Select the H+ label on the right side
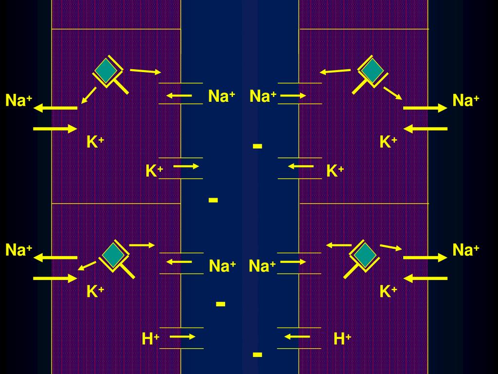(x=342, y=339)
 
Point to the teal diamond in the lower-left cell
(x=113, y=255)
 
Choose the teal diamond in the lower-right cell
(x=365, y=255)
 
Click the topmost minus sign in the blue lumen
(x=257, y=146)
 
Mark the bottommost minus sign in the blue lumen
(x=257, y=355)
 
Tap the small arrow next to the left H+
(x=183, y=337)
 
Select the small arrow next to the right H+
(x=297, y=337)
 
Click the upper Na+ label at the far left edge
(x=19, y=100)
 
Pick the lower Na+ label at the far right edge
(x=465, y=250)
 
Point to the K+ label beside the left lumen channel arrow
(x=154, y=171)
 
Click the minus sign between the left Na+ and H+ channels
(x=220, y=304)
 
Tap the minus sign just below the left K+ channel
(x=213, y=200)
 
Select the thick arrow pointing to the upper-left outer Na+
(x=55, y=108)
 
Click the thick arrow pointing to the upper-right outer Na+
(x=425, y=108)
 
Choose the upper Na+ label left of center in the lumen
(x=222, y=96)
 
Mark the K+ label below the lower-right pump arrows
(x=389, y=291)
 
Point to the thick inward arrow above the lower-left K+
(x=55, y=279)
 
